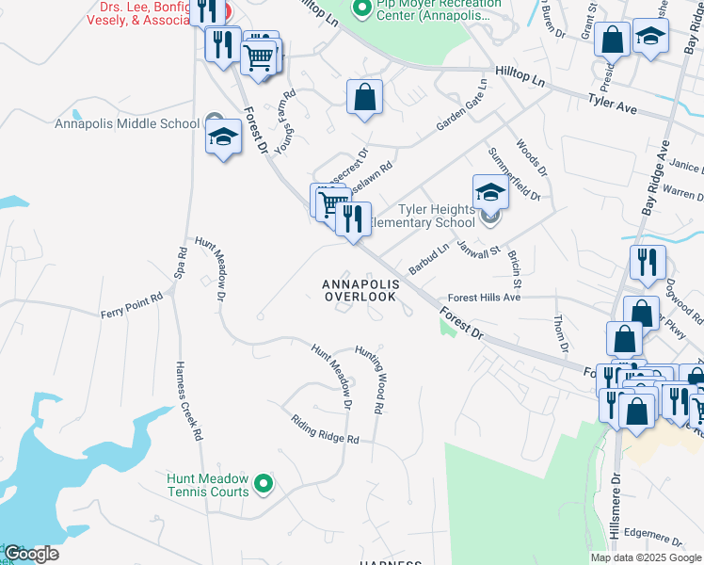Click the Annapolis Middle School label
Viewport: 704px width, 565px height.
click(127, 123)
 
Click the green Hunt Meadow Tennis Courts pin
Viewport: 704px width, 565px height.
click(264, 484)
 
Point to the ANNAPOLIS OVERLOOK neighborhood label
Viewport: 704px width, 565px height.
click(360, 290)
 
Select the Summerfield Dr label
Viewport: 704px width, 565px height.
click(514, 172)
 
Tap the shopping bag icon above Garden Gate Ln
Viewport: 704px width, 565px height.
click(364, 97)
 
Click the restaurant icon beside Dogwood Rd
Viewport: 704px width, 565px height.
click(648, 264)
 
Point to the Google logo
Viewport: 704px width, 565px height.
click(31, 554)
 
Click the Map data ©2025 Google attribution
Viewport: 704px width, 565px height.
click(645, 557)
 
